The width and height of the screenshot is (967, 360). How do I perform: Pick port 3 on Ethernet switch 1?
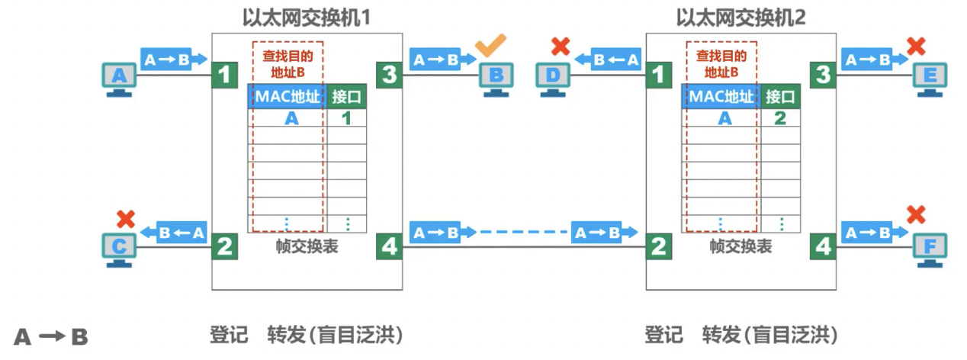(389, 75)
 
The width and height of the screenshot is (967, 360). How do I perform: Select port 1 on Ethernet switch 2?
(658, 75)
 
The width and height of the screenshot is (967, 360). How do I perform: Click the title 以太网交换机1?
(306, 16)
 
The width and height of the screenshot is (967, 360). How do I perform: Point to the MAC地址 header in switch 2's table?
(721, 97)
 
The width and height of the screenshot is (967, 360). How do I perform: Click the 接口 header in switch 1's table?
(346, 97)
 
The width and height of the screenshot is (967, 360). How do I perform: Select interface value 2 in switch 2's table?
(780, 117)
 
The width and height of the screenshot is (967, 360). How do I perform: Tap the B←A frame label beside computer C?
(182, 233)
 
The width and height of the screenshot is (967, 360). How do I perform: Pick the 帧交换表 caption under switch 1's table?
(307, 246)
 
